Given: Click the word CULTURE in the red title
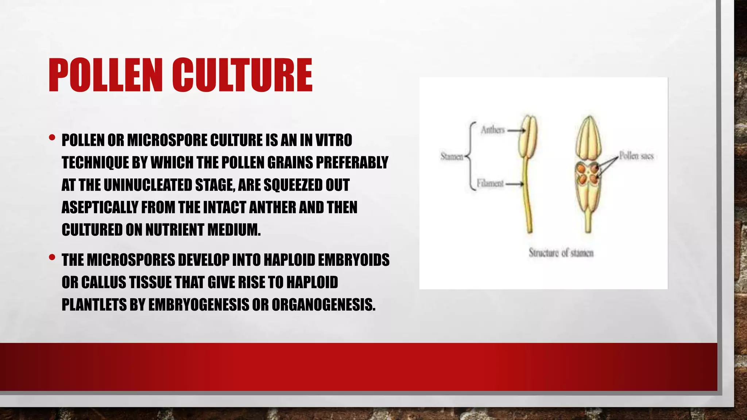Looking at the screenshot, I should click(242, 75).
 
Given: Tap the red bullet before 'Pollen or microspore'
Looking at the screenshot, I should click(52, 138).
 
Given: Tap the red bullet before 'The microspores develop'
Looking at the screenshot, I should click(52, 257).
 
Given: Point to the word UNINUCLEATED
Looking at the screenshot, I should click(148, 185).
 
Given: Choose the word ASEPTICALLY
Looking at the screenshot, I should click(100, 208).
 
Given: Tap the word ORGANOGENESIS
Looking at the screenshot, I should click(323, 305).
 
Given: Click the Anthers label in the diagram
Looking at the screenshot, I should click(492, 130).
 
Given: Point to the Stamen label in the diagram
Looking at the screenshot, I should click(452, 157).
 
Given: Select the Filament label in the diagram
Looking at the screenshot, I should click(490, 183).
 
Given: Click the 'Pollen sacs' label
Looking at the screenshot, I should click(636, 156).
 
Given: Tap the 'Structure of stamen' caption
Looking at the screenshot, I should click(561, 253).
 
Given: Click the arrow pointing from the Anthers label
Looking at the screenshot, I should click(516, 130).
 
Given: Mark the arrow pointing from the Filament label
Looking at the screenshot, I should click(514, 184).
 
